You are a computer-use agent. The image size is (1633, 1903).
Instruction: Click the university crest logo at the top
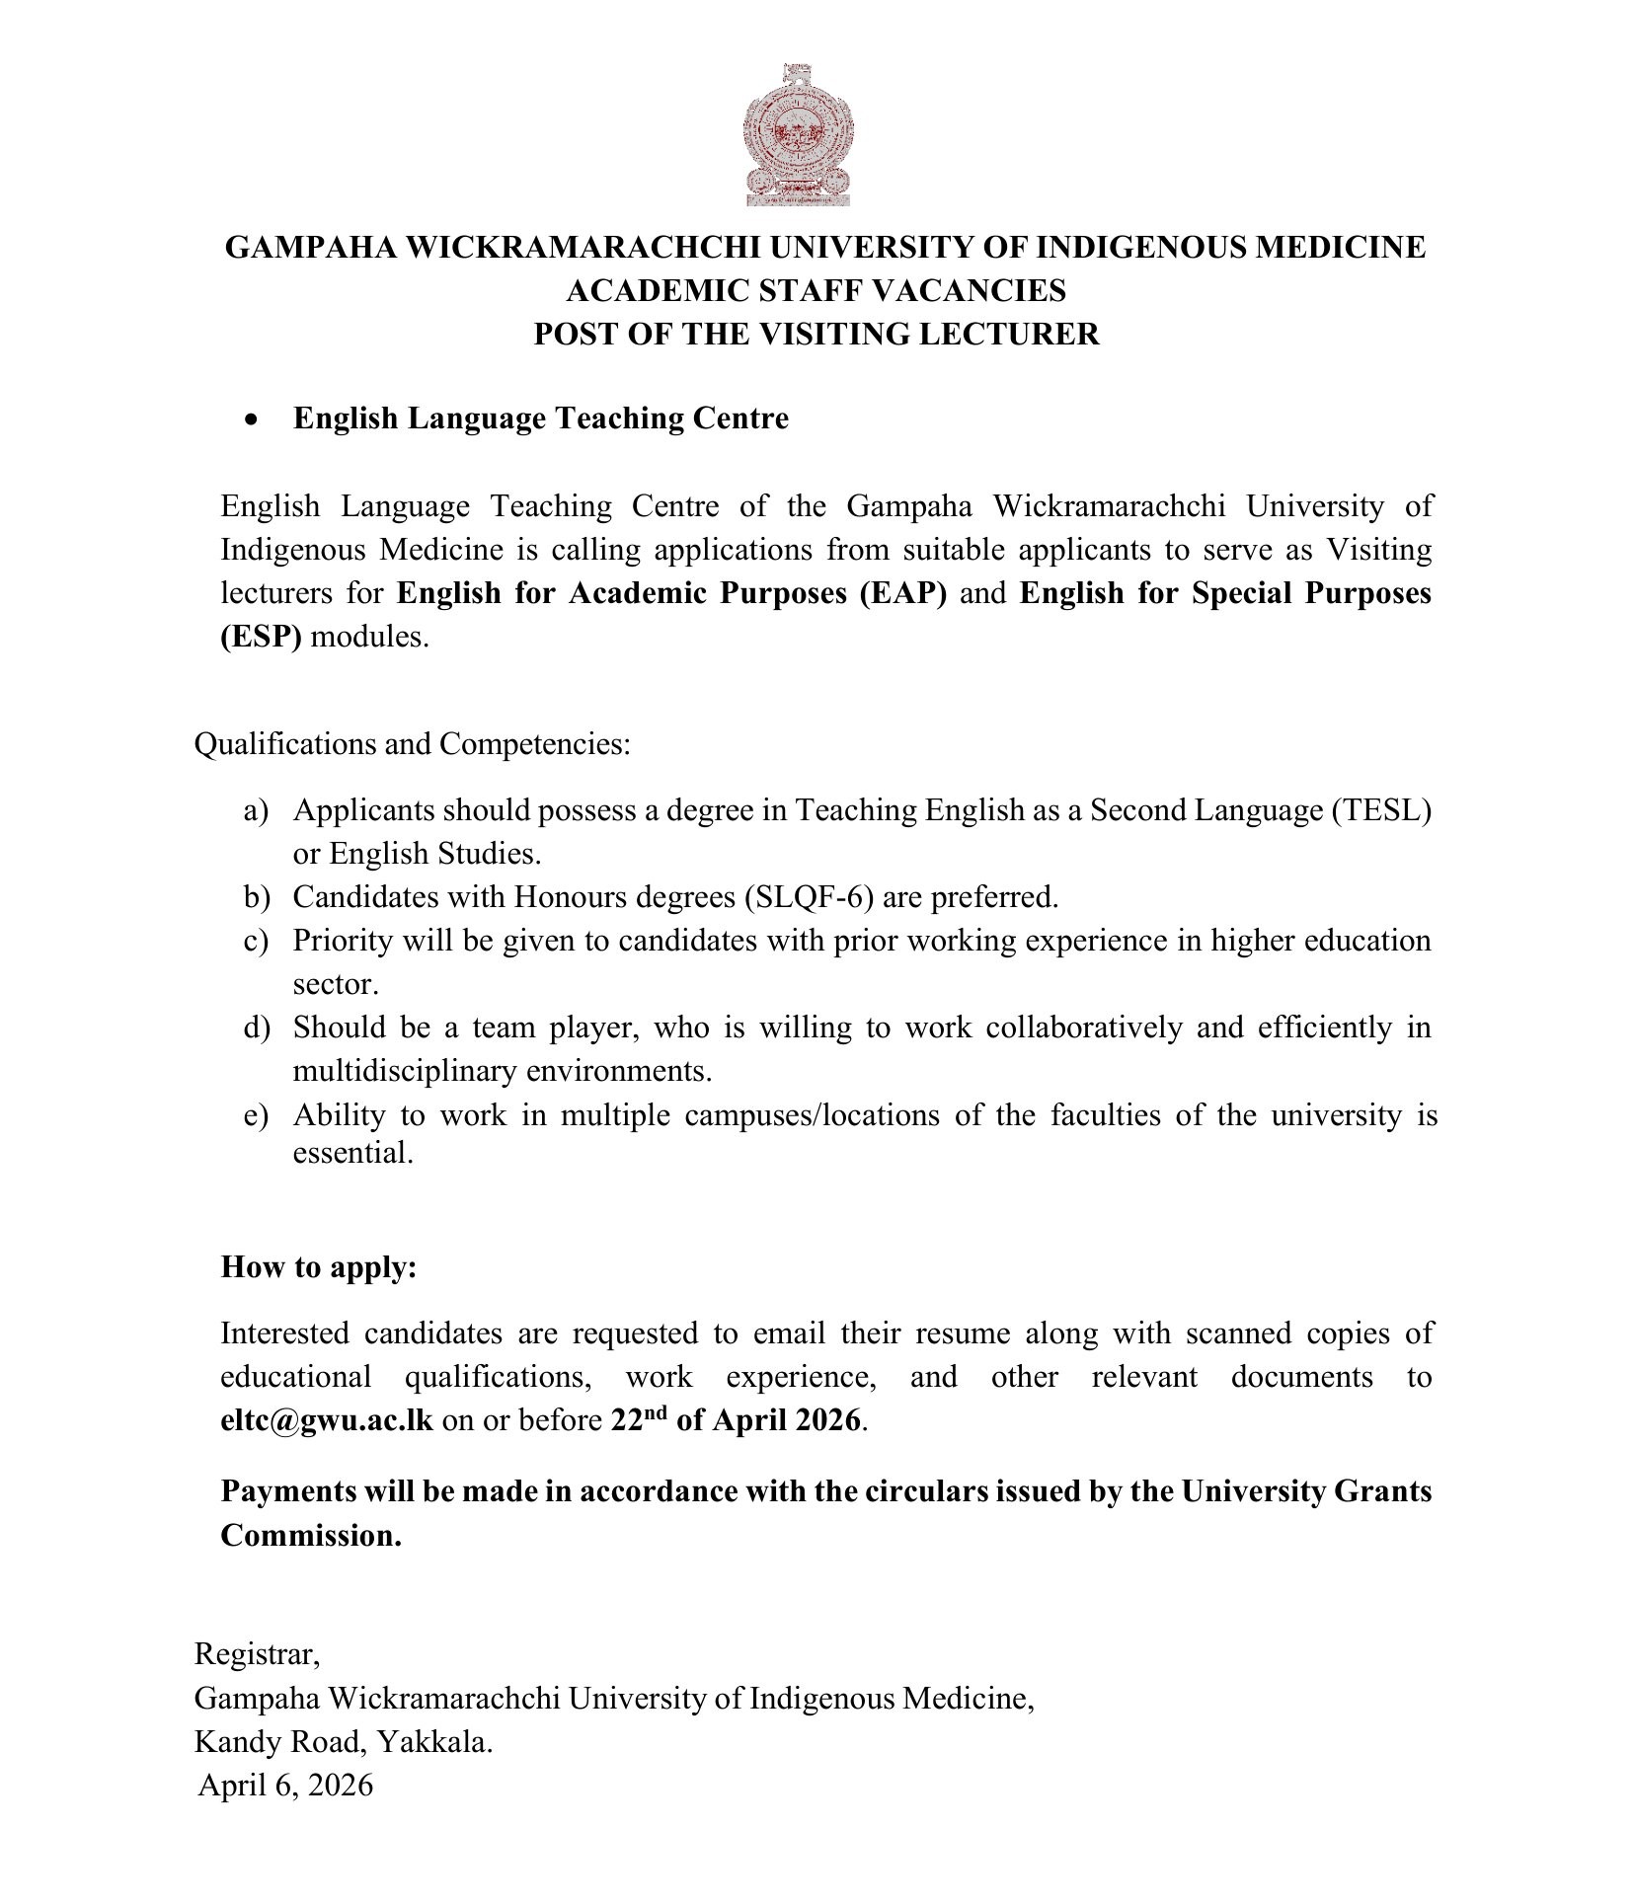[x=798, y=135]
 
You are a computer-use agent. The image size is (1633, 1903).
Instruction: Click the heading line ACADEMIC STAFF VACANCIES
[x=816, y=290]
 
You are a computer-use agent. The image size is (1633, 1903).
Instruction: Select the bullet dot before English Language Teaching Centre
[x=254, y=419]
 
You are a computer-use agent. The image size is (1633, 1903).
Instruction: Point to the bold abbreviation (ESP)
[x=261, y=636]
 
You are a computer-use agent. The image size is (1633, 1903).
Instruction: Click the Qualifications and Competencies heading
[x=412, y=743]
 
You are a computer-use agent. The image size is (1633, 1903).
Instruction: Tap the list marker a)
[x=256, y=810]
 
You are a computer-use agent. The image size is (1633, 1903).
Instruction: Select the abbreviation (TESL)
[x=1381, y=810]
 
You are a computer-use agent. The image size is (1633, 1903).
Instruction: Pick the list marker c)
[x=256, y=941]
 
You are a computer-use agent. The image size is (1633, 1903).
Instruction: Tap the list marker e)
[x=256, y=1115]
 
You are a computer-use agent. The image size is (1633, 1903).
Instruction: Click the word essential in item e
[x=352, y=1152]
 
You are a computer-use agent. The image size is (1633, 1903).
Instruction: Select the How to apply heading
[x=318, y=1266]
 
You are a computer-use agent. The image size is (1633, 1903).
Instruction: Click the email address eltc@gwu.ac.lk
[x=327, y=1420]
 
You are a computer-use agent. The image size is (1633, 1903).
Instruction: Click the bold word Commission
[x=311, y=1535]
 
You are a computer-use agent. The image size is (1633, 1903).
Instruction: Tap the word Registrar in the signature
[x=257, y=1653]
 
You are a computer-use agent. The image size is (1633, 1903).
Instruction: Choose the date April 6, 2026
[x=285, y=1785]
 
